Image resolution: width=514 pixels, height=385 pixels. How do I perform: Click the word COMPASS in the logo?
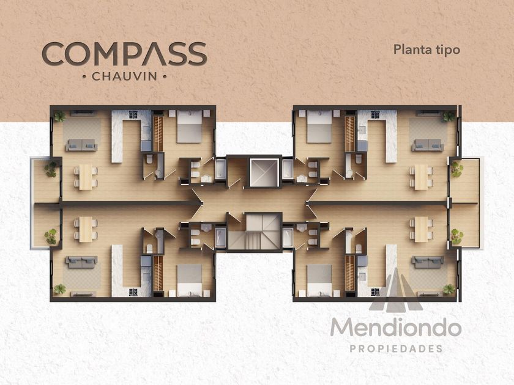coord(125,54)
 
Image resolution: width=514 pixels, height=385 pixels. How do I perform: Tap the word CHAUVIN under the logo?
coord(124,76)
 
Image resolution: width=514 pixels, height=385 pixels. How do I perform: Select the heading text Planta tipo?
coord(427,50)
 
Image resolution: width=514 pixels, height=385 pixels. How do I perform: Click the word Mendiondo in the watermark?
coord(396,327)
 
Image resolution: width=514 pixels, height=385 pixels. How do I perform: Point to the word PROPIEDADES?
coord(397,349)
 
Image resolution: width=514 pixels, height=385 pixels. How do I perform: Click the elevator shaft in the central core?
coord(264,172)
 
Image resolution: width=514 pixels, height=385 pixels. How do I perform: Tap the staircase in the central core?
coord(255,232)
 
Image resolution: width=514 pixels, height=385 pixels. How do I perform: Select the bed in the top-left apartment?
coord(189,127)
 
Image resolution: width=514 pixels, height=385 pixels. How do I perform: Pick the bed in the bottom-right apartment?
coord(319,280)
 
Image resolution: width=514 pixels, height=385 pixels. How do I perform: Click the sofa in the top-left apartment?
coord(81,145)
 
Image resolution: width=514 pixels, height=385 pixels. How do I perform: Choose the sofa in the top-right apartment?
coord(428,145)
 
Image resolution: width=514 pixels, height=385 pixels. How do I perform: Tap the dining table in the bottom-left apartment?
coord(86,229)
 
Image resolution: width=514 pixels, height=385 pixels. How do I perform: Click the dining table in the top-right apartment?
coord(421,177)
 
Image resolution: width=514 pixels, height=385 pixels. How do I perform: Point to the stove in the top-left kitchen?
coord(133,115)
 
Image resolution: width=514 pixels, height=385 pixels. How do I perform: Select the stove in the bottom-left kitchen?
coord(133,292)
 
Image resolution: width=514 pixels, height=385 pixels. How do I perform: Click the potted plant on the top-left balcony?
coord(51,169)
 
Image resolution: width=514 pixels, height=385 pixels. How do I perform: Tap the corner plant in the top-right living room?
coord(449,116)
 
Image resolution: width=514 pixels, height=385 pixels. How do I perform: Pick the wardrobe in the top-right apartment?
coord(350,134)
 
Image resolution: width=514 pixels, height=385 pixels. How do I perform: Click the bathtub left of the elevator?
coord(220,169)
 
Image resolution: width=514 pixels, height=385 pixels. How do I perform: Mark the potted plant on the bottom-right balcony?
coord(456,237)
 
